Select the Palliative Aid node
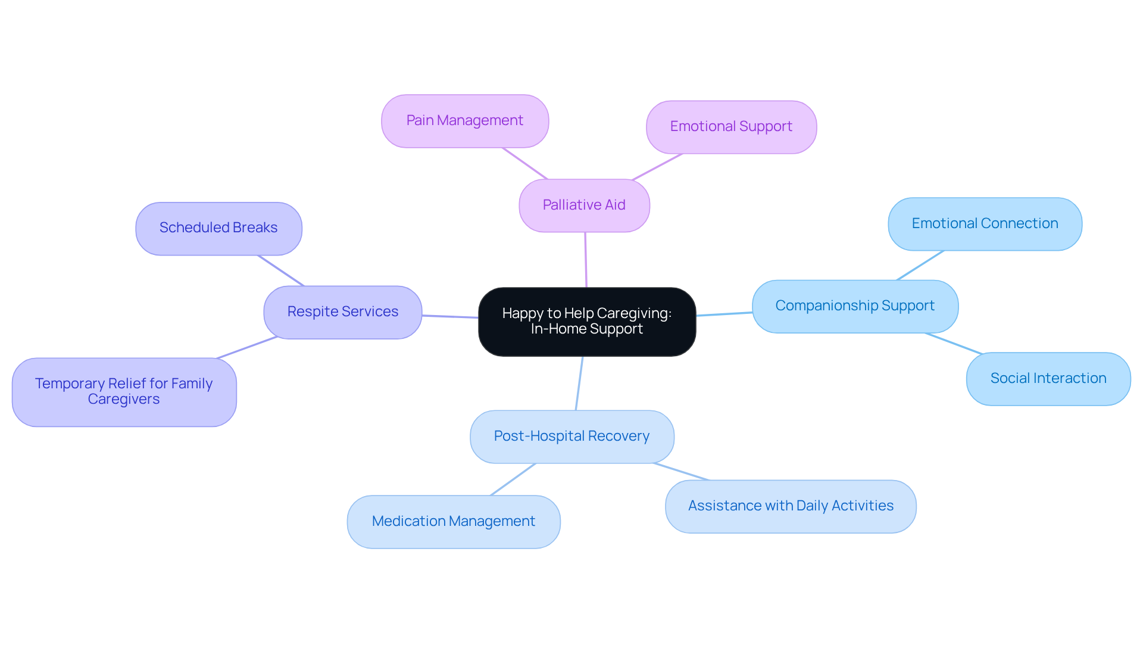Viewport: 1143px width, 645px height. [584, 205]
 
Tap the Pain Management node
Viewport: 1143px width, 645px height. [464, 121]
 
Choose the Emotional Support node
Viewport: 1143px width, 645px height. [731, 127]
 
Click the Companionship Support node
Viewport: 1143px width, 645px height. [855, 306]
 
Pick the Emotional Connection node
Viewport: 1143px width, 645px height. [985, 224]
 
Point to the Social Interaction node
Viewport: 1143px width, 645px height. [1048, 379]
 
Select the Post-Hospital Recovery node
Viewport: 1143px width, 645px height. [571, 437]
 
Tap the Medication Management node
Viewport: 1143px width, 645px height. [453, 522]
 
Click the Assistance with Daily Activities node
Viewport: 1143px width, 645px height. [790, 506]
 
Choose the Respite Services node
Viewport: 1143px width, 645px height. [342, 312]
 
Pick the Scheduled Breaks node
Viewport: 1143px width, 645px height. [218, 228]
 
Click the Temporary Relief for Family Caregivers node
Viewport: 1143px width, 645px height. [124, 392]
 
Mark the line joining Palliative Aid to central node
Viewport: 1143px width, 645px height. [586, 260]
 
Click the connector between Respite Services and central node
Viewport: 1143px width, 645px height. [450, 317]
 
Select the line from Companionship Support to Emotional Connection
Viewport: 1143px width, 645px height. [920, 265]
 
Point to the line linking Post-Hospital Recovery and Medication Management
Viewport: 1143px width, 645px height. [513, 479]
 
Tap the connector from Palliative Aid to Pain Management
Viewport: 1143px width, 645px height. [524, 163]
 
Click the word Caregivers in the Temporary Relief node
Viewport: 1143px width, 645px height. [124, 400]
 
